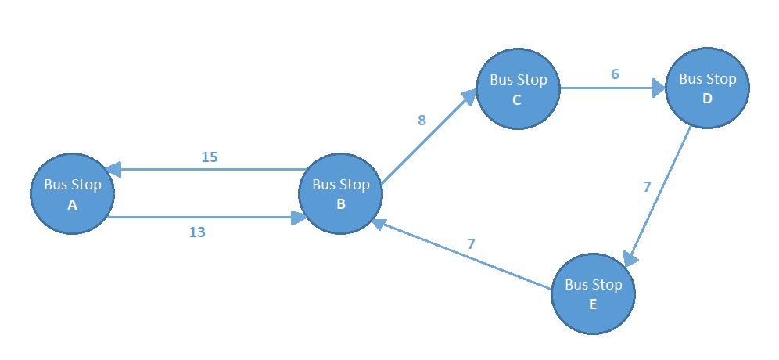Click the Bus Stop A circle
(72, 193)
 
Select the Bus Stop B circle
(340, 193)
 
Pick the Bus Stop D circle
(707, 88)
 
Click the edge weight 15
(210, 157)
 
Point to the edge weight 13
(197, 232)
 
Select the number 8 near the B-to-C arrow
(422, 120)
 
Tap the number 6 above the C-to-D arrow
(615, 74)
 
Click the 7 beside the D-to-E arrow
(647, 187)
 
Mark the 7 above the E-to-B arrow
(471, 243)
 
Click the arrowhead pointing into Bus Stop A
(113, 169)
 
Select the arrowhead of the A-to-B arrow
(298, 218)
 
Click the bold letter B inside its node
(340, 205)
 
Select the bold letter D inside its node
(707, 99)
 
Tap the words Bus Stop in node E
(593, 285)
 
